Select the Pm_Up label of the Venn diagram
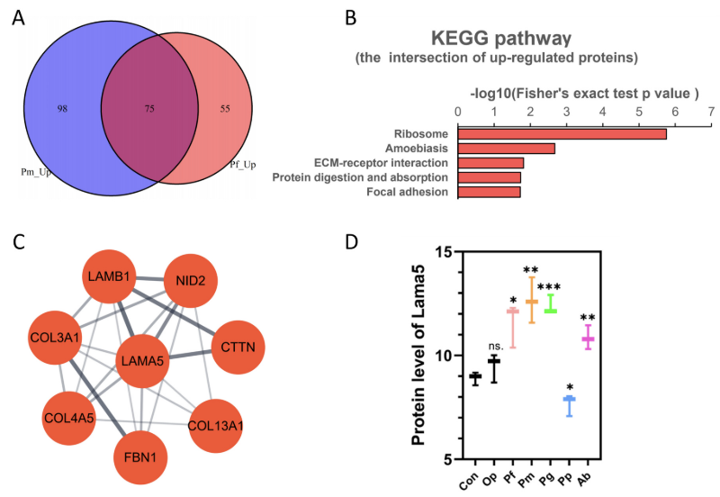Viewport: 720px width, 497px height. (x=39, y=168)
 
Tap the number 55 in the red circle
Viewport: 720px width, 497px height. (x=225, y=107)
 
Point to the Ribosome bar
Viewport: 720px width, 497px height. (x=562, y=133)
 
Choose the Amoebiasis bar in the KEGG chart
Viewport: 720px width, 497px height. (x=507, y=149)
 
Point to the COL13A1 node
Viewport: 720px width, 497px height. (x=215, y=425)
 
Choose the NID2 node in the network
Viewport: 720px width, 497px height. (x=191, y=282)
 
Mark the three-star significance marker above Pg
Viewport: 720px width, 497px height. (x=549, y=287)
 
